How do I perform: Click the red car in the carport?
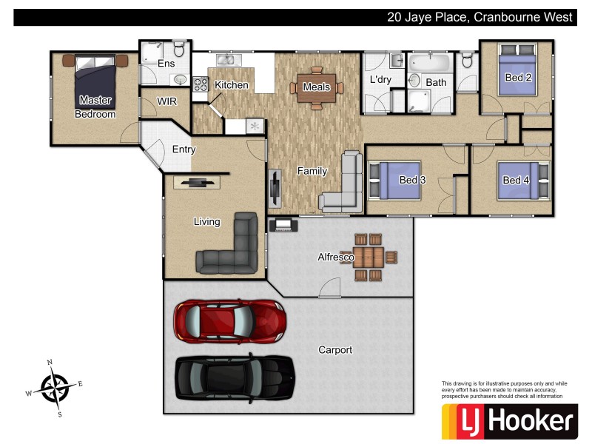pos(229,320)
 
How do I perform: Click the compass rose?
pos(54,388)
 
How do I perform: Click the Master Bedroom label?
pos(95,107)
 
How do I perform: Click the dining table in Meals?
pos(317,87)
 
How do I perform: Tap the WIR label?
pos(167,101)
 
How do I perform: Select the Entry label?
pos(184,149)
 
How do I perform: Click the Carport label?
pos(335,350)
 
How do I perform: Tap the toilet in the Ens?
pos(178,50)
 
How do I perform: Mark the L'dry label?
pos(380,79)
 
